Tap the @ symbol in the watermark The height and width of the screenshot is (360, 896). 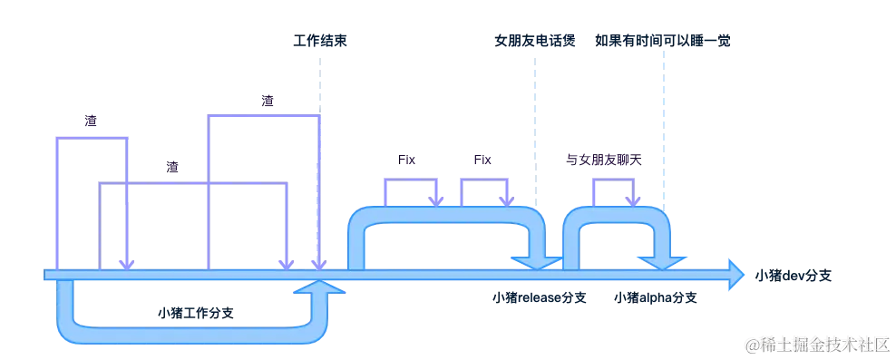tap(750, 344)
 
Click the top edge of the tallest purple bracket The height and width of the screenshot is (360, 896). tap(263, 113)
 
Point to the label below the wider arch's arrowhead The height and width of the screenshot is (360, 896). tap(539, 297)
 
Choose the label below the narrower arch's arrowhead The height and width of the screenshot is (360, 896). tap(655, 297)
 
